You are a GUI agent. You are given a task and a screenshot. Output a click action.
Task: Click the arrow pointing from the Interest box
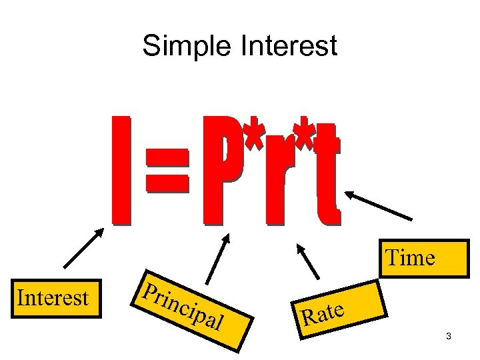point(84,247)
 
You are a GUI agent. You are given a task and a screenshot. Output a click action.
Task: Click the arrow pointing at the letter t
point(378,206)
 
